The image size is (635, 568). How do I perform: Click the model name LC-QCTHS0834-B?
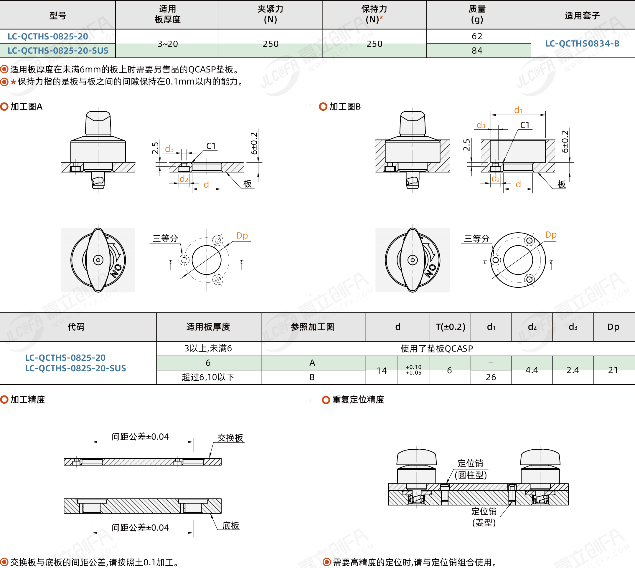click(x=582, y=44)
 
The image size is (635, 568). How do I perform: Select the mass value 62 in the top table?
click(x=477, y=36)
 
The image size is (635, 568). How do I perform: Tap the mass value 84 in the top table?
click(x=477, y=51)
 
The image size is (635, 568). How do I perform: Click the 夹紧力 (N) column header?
click(x=270, y=14)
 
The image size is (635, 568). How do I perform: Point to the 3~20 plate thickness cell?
click(x=167, y=44)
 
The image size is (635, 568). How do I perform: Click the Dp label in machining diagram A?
click(x=242, y=236)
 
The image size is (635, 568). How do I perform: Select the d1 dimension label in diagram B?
click(x=518, y=110)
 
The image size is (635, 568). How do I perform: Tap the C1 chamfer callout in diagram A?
click(x=211, y=146)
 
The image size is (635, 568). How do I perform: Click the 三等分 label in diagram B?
click(x=477, y=239)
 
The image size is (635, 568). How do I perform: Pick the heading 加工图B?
click(x=345, y=107)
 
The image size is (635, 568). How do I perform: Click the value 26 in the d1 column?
click(x=491, y=377)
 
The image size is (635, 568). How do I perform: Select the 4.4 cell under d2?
click(x=532, y=370)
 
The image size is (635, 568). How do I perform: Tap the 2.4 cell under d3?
click(x=573, y=370)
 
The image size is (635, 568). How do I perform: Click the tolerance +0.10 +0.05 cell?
click(x=413, y=370)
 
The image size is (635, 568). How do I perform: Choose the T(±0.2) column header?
click(x=451, y=327)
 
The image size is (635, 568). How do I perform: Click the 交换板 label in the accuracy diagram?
click(x=230, y=438)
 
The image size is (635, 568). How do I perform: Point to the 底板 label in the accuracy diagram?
click(x=231, y=526)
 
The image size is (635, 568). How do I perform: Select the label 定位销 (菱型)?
click(x=484, y=517)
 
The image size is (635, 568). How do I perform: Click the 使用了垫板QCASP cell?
click(x=437, y=348)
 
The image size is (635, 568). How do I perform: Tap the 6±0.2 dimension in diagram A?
click(x=254, y=143)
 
